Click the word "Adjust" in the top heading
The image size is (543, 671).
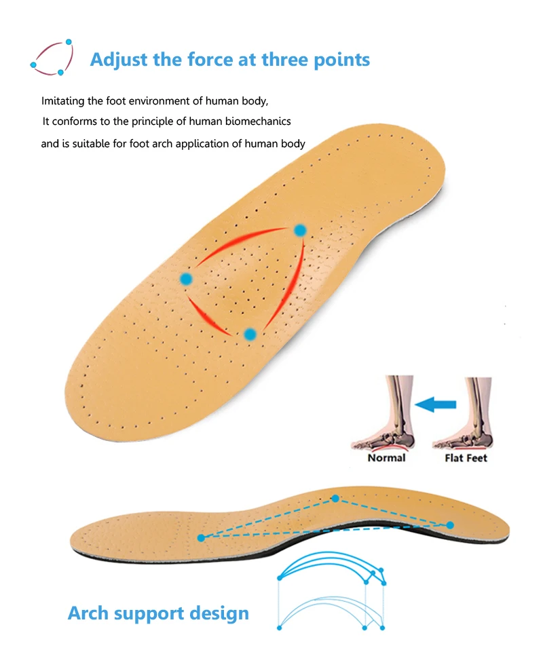click(119, 59)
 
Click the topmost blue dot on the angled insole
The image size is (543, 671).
click(300, 231)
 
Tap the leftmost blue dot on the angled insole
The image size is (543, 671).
click(187, 278)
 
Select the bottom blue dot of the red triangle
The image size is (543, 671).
click(250, 334)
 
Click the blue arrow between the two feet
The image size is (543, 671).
click(436, 405)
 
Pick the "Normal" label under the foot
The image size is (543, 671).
click(386, 458)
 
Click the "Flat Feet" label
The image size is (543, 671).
click(466, 458)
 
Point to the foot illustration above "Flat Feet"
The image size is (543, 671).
click(465, 417)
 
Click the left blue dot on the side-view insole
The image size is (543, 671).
click(201, 537)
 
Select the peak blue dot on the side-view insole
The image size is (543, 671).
click(335, 499)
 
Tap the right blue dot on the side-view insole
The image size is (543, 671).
click(450, 524)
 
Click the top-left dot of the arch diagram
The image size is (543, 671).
click(279, 578)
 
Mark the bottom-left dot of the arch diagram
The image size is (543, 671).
click(279, 628)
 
